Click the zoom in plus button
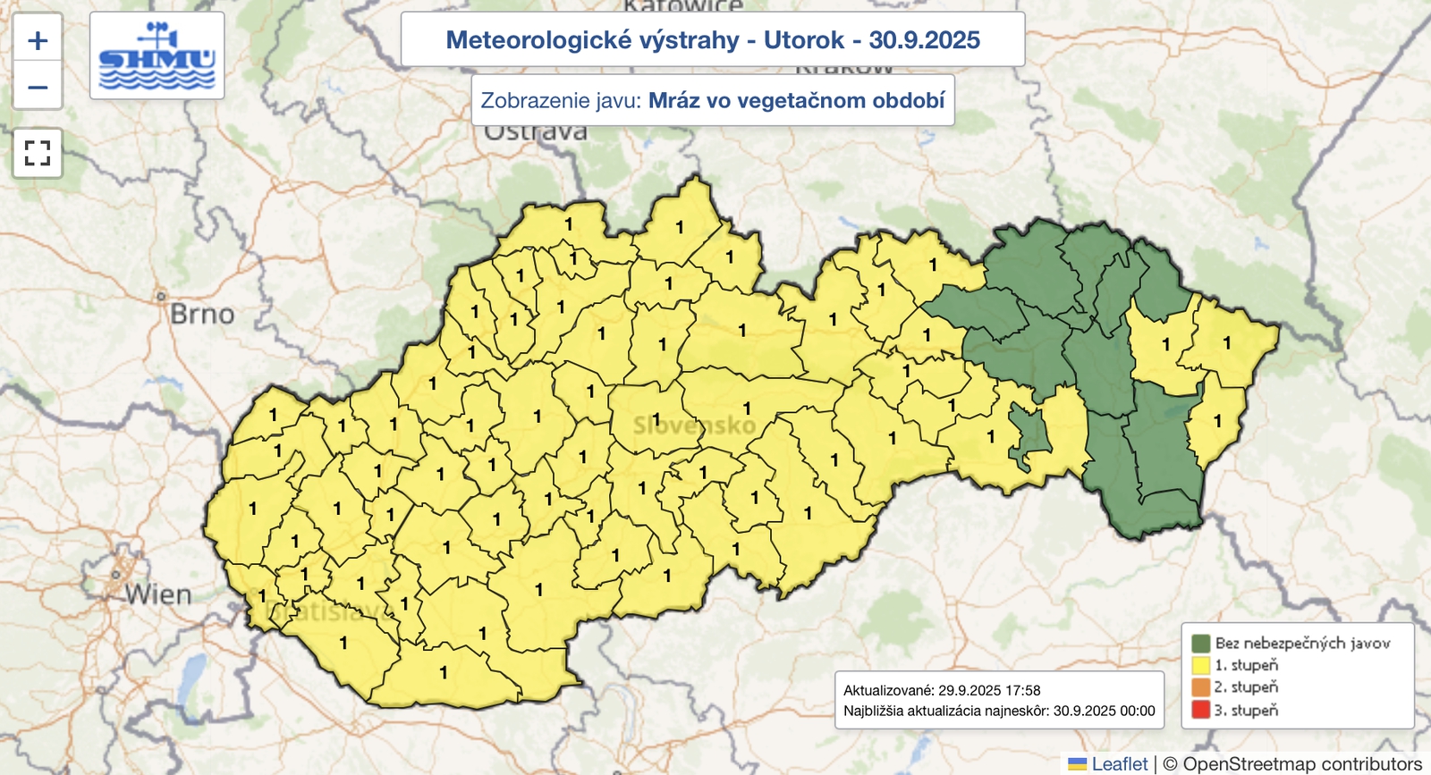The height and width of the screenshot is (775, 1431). click(x=38, y=40)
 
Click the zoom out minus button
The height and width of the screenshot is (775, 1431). click(x=38, y=88)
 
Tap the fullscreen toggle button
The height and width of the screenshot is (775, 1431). click(x=38, y=153)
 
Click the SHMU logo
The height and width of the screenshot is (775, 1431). click(x=157, y=56)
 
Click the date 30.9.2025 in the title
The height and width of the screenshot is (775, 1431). click(x=924, y=40)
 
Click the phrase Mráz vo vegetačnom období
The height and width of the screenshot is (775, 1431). click(x=796, y=100)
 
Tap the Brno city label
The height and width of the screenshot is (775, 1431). click(x=202, y=315)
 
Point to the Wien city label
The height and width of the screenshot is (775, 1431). click(x=158, y=594)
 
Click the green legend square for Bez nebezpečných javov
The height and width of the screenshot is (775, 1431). click(x=1201, y=643)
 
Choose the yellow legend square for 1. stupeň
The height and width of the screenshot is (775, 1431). click(x=1201, y=665)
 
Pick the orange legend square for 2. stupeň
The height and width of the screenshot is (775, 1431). click(x=1201, y=687)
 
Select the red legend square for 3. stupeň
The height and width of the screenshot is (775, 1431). click(x=1201, y=711)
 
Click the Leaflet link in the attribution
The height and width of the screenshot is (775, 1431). click(x=1119, y=763)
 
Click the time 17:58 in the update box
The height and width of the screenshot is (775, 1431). click(x=1022, y=690)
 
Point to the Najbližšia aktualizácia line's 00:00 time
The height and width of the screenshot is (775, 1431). click(x=1137, y=712)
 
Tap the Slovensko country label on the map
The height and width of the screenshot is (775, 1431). click(x=694, y=425)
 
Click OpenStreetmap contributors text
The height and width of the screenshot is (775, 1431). click(x=1302, y=763)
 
